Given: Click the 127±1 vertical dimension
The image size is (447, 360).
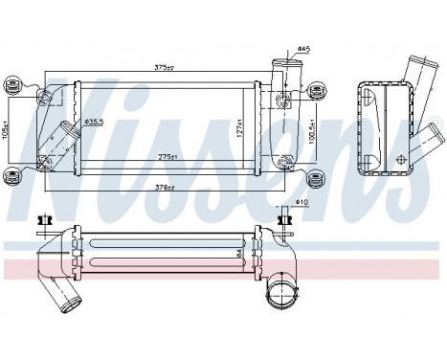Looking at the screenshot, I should click(x=241, y=124).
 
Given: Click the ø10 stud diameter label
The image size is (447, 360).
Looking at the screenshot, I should click(x=303, y=202).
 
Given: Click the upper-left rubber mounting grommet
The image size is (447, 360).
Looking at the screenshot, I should click(x=14, y=87).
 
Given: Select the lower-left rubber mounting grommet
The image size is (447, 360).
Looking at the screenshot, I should click(x=13, y=175).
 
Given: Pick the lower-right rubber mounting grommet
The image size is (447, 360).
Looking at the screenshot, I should click(x=315, y=177).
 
